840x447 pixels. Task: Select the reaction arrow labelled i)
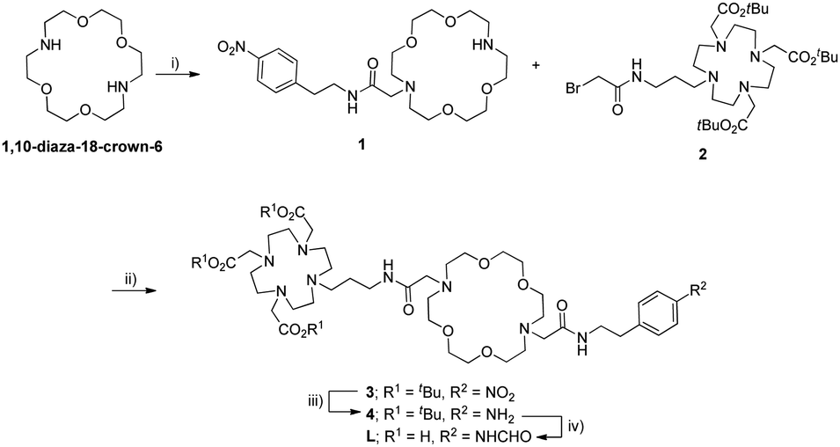(174, 76)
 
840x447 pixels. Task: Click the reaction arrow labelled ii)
(134, 291)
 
